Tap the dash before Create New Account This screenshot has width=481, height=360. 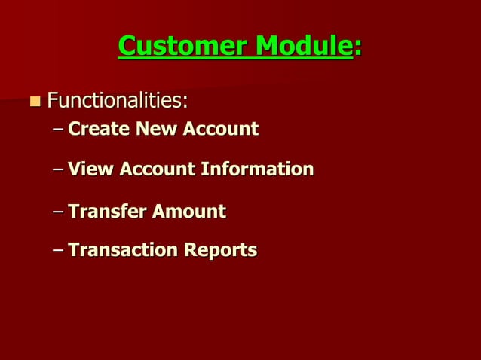tap(59, 130)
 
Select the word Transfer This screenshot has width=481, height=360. tap(106, 212)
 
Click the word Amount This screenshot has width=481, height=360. tap(188, 212)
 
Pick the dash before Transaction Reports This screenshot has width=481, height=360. tap(59, 250)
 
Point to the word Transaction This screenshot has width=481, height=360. tap(121, 249)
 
